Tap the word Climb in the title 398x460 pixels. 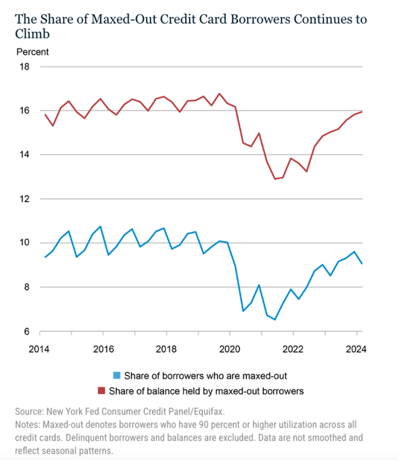coord(32,34)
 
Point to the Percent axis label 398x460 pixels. coord(33,52)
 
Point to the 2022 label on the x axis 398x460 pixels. coord(293,349)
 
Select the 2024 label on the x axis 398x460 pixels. coord(356,349)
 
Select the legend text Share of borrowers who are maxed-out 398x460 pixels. coord(205,376)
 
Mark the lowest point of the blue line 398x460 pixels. coord(275,319)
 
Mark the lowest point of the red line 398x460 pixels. coord(275,179)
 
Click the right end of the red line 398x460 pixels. coord(362,112)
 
